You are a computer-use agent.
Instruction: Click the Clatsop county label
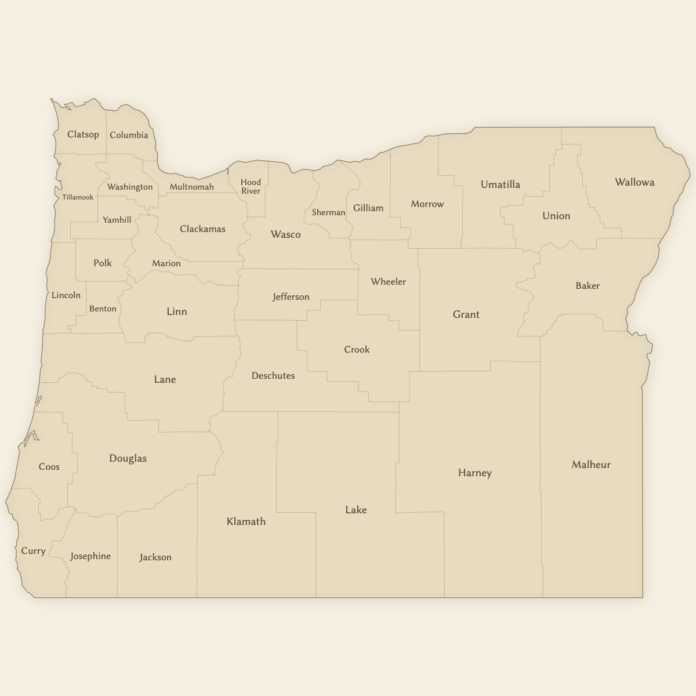[x=83, y=135]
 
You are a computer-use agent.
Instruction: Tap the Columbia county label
[x=129, y=135]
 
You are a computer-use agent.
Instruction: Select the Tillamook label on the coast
[x=78, y=197]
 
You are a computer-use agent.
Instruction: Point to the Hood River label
[x=251, y=186]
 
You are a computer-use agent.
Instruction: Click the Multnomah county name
[x=191, y=187]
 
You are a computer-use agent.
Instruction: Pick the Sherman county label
[x=328, y=212]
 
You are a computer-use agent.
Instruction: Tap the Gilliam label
[x=368, y=208]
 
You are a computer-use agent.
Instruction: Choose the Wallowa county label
[x=635, y=182]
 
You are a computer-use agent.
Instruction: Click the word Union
[x=556, y=216]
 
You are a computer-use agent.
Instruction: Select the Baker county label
[x=588, y=285]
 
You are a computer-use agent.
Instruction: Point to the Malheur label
[x=591, y=465]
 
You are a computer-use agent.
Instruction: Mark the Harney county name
[x=474, y=473]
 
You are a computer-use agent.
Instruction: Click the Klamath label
[x=246, y=521]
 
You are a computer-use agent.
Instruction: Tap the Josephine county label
[x=90, y=556]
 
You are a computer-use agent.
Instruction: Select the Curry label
[x=33, y=551]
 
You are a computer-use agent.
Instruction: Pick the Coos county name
[x=49, y=467]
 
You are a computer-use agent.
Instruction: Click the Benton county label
[x=103, y=309]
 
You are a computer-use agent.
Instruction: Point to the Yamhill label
[x=117, y=220]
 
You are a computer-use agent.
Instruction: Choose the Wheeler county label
[x=388, y=282]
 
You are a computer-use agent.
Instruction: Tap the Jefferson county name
[x=291, y=297]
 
